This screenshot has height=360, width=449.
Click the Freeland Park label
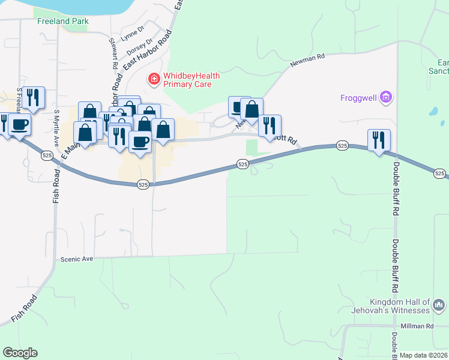[62, 21]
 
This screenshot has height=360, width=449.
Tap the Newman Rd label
[307, 57]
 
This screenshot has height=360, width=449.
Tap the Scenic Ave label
[77, 259]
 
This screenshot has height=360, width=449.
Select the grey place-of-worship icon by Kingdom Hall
[439, 306]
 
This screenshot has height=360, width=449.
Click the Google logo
[20, 353]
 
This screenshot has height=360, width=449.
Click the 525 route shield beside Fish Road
[47, 155]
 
